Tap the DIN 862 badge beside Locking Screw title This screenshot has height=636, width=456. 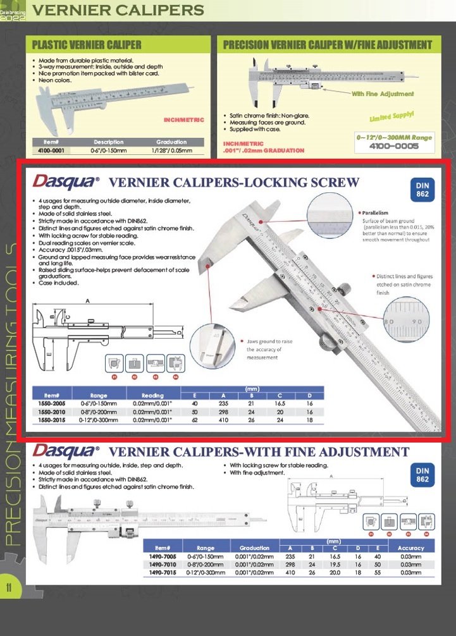(422, 189)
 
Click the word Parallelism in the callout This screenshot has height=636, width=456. (376, 213)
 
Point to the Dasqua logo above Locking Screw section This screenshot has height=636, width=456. (65, 182)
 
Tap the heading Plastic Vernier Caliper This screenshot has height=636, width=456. (87, 45)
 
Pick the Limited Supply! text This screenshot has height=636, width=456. (391, 117)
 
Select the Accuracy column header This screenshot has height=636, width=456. (410, 547)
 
